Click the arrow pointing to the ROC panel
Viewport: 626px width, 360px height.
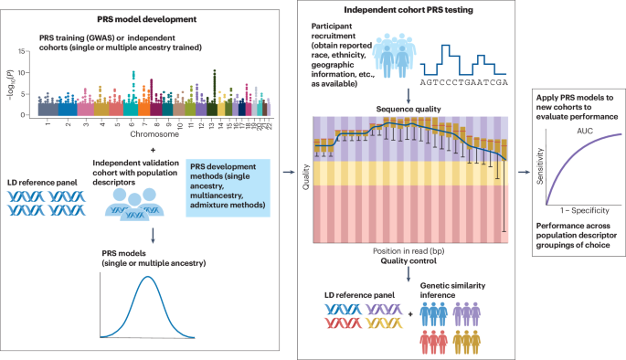tap(523, 170)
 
